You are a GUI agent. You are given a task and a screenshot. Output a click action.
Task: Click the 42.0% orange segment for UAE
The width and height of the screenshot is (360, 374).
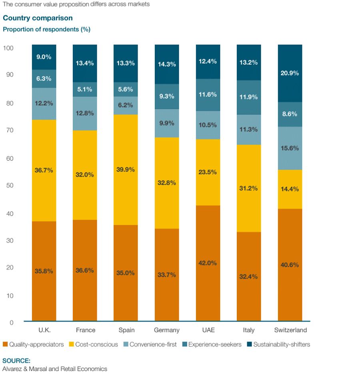(208, 263)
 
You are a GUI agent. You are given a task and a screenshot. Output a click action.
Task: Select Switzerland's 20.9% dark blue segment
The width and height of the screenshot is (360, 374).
(290, 73)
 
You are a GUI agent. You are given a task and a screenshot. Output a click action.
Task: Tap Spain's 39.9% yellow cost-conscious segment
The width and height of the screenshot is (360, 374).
(126, 170)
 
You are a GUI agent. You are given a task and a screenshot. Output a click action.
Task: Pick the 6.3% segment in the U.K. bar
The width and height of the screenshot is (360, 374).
(44, 79)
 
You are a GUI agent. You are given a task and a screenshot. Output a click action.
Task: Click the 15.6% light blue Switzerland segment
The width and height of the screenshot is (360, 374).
(290, 148)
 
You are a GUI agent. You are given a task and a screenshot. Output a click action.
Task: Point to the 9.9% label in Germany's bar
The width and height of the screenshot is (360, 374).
(167, 123)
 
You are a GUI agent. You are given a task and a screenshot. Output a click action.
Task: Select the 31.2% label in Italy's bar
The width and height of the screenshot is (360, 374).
(249, 188)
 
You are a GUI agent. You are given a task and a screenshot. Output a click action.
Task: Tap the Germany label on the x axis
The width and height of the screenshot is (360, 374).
(167, 330)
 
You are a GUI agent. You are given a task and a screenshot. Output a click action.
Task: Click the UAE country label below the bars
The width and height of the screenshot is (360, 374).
(208, 330)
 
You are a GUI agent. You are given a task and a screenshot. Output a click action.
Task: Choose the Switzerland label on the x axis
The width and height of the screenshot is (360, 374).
(290, 330)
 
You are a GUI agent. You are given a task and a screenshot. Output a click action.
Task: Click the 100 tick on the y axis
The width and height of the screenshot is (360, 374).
(8, 48)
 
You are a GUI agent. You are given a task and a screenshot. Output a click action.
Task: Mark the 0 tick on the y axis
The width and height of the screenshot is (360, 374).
(11, 322)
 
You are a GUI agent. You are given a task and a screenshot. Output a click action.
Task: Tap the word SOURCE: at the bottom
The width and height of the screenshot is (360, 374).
(16, 360)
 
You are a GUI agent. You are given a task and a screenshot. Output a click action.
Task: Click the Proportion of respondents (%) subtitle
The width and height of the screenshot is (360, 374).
(46, 29)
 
